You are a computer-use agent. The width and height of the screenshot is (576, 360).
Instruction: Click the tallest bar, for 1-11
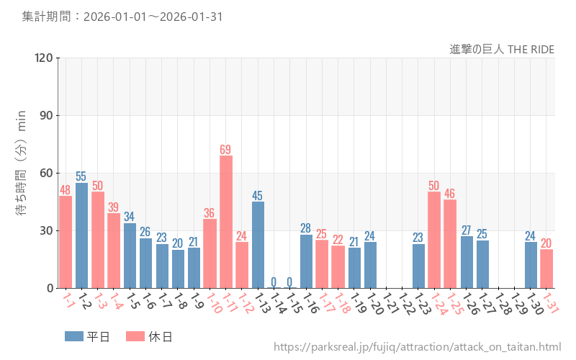point(226,222)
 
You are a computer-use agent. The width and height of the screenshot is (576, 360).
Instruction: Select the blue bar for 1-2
point(81,235)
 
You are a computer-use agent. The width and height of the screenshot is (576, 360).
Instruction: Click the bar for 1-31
point(546,269)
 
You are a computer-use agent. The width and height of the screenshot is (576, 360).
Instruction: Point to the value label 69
point(226,150)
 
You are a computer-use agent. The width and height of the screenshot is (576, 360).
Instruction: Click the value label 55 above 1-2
point(81,176)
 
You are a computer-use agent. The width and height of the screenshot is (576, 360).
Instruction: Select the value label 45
point(258,195)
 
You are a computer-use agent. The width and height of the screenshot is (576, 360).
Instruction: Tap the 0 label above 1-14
point(274,282)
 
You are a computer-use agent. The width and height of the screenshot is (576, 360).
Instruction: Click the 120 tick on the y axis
point(44,58)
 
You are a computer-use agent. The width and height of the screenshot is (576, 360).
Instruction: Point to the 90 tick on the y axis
point(47,115)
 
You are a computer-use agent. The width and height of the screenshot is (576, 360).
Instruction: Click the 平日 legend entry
point(87,336)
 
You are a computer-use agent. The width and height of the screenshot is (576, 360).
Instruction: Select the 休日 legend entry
point(149,336)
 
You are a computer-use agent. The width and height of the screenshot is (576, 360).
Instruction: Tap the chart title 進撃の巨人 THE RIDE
point(502,49)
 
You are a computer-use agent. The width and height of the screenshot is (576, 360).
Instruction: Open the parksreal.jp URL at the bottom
point(417,347)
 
